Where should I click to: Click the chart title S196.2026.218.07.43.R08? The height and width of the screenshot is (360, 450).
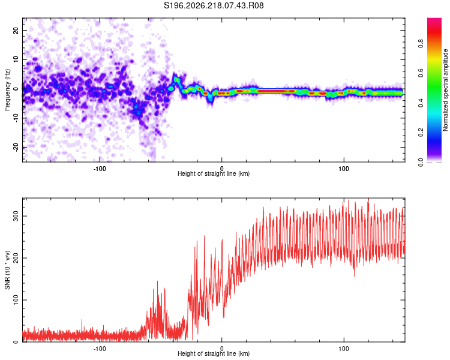click(214, 5)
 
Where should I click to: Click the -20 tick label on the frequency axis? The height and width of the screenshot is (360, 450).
click(16, 147)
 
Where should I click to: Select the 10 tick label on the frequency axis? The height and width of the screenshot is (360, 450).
click(16, 59)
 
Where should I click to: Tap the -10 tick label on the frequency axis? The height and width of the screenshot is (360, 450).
click(16, 118)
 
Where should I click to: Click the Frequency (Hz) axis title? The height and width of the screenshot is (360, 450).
click(7, 90)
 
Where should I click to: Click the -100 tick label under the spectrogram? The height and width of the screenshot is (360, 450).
click(100, 169)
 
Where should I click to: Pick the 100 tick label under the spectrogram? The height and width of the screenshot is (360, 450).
click(344, 169)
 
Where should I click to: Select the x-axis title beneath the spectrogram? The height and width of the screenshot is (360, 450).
click(214, 173)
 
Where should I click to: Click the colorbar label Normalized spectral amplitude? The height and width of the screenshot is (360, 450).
click(445, 90)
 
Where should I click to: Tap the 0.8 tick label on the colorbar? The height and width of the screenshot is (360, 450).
click(421, 44)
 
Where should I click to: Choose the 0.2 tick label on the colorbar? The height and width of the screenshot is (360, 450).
click(421, 133)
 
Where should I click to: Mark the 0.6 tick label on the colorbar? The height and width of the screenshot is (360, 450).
click(421, 73)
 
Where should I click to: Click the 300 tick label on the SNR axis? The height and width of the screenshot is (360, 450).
click(16, 216)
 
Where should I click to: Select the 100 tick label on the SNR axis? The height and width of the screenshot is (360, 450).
click(16, 300)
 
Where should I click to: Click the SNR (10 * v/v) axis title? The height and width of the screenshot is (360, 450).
click(7, 270)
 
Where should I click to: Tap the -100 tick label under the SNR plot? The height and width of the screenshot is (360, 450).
click(100, 349)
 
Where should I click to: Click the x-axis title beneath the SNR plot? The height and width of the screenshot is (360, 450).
click(214, 353)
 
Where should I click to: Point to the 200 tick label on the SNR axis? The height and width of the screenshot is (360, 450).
click(16, 258)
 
